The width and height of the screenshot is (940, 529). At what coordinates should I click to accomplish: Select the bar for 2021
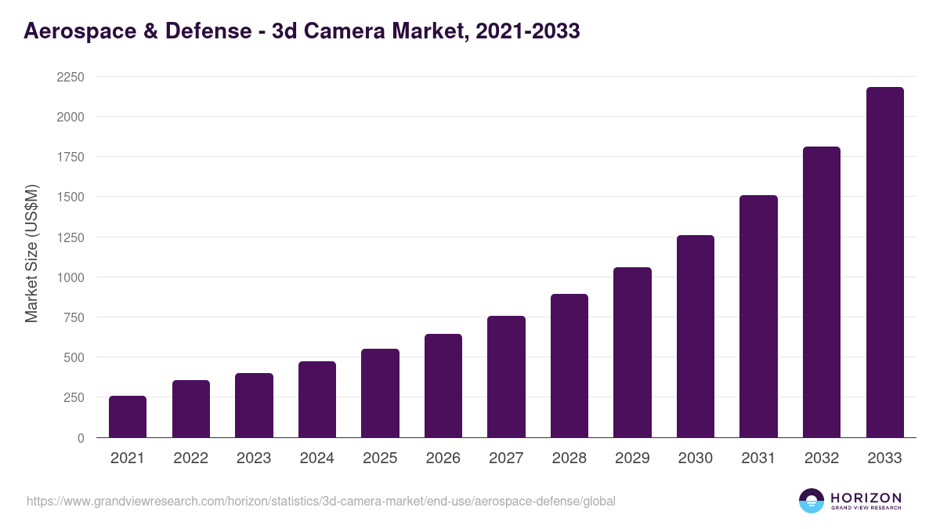128,417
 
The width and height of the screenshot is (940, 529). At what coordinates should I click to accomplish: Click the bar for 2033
884,263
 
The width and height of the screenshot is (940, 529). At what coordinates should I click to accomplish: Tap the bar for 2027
506,377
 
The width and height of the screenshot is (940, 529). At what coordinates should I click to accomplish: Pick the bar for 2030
696,336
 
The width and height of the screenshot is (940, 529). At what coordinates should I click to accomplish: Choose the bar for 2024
317,400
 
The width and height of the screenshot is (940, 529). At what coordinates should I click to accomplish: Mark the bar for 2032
822,292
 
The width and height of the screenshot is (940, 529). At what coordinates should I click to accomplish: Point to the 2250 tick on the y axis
70,77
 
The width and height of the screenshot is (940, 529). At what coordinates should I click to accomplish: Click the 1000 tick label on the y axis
70,277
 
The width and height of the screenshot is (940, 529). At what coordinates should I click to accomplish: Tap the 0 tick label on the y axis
80,438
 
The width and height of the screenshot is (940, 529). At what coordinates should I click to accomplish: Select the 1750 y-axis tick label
70,157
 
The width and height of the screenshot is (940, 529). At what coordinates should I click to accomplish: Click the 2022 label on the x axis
191,458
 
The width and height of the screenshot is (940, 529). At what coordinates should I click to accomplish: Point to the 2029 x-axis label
632,458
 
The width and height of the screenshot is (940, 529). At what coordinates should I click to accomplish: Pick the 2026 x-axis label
443,458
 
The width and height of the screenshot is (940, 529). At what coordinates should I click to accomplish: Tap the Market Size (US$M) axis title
31,253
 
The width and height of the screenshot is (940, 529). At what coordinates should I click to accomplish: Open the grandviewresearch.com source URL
321,501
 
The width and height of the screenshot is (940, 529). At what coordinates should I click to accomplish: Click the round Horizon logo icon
812,501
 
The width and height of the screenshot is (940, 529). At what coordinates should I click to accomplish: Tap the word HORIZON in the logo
866,497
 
